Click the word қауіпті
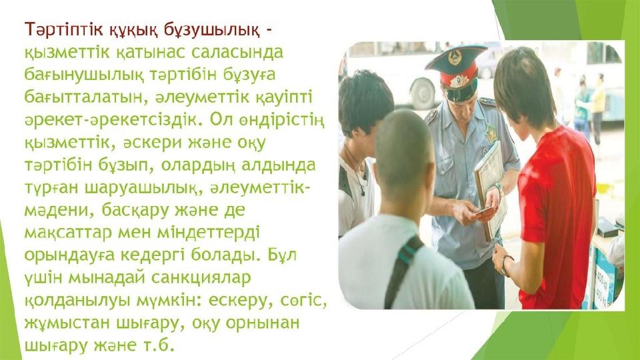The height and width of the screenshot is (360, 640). [284, 99]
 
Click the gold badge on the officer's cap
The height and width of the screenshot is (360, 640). [455, 57]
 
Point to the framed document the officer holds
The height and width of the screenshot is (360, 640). [491, 190]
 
